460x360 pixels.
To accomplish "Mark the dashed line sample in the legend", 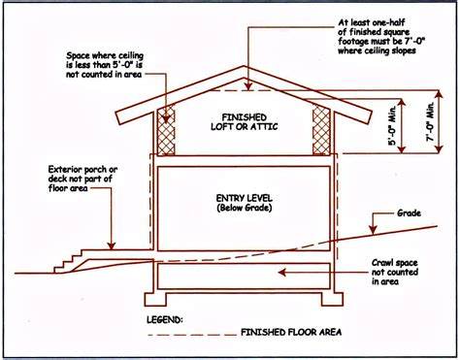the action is coord(186,331).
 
